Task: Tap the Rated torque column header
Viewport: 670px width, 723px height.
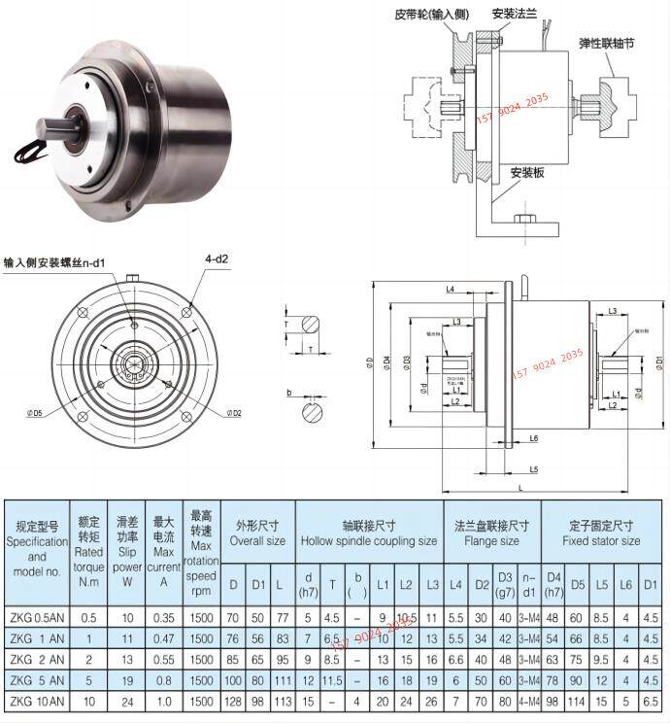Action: click(x=89, y=544)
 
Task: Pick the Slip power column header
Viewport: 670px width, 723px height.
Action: click(x=127, y=544)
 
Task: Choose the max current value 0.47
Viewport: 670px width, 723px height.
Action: click(x=165, y=637)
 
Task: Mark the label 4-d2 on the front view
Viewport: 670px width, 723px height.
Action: click(x=216, y=260)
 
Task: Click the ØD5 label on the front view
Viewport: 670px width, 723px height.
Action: click(x=35, y=414)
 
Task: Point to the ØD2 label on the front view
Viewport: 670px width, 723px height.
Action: click(x=234, y=414)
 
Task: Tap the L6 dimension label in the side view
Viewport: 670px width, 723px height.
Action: click(x=533, y=439)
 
